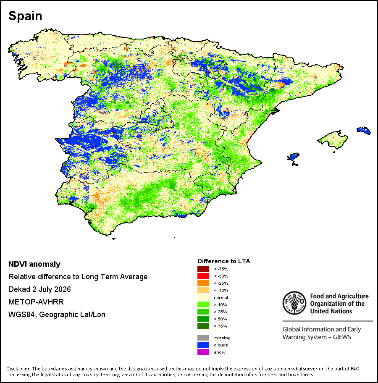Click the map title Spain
point(25,16)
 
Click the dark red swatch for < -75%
point(203,269)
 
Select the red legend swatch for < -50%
point(203,276)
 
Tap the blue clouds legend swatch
point(203,345)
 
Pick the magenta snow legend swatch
point(203,352)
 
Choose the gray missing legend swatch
point(203,338)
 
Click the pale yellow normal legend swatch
point(203,297)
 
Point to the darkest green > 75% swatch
point(203,326)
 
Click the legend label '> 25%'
point(220,312)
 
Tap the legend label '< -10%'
point(221,291)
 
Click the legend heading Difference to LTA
point(223,261)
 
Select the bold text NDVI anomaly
point(34,264)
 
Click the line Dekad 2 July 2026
point(39,289)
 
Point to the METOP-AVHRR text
point(36,302)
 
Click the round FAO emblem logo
point(294,303)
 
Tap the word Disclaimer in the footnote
point(18,369)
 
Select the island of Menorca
point(364,131)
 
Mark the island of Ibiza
point(294,156)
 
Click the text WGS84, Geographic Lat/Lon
point(57,315)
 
